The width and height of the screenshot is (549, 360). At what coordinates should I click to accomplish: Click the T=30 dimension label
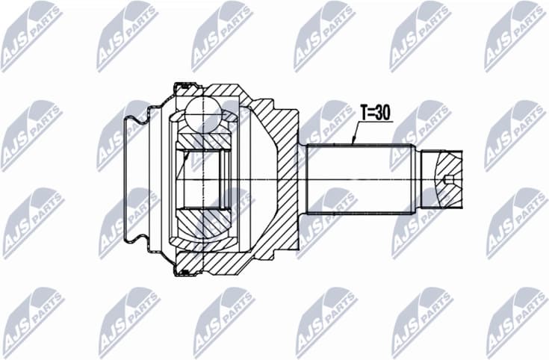(374, 112)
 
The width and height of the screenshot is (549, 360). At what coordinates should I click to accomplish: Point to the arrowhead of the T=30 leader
(352, 143)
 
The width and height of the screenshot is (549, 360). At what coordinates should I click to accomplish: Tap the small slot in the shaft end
(448, 179)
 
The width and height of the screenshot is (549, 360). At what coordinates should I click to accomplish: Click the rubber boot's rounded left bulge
(137, 120)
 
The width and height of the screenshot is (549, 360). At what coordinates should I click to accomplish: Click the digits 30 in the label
(383, 112)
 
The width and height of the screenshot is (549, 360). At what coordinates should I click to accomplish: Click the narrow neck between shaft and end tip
(416, 179)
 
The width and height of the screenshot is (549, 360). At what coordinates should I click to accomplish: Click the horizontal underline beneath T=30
(374, 122)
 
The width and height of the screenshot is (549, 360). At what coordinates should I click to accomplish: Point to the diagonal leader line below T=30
(356, 133)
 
